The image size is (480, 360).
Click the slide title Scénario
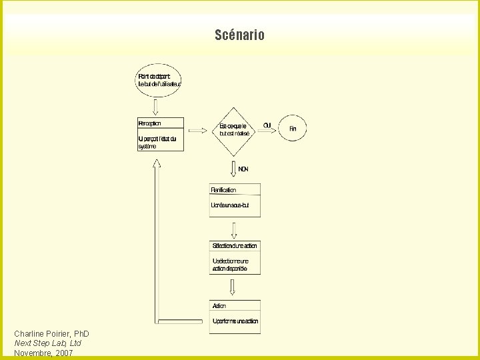(239, 35)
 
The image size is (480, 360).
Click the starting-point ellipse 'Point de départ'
(159, 80)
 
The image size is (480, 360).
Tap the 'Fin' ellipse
(293, 129)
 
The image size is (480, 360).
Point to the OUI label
(267, 125)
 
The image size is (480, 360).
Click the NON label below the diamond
(243, 169)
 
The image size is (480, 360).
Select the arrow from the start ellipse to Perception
(155, 107)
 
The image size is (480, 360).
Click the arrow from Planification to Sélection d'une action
(233, 229)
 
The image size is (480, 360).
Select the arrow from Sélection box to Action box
(233, 287)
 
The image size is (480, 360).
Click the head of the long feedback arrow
(157, 169)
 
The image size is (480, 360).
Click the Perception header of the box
(150, 123)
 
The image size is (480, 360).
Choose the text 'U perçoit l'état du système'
(157, 143)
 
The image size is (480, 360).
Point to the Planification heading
(224, 190)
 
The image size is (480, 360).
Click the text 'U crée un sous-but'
(230, 205)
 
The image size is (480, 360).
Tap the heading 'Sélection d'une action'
(235, 246)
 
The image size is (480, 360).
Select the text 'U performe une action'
(235, 321)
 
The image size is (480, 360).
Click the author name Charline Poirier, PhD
(51, 333)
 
